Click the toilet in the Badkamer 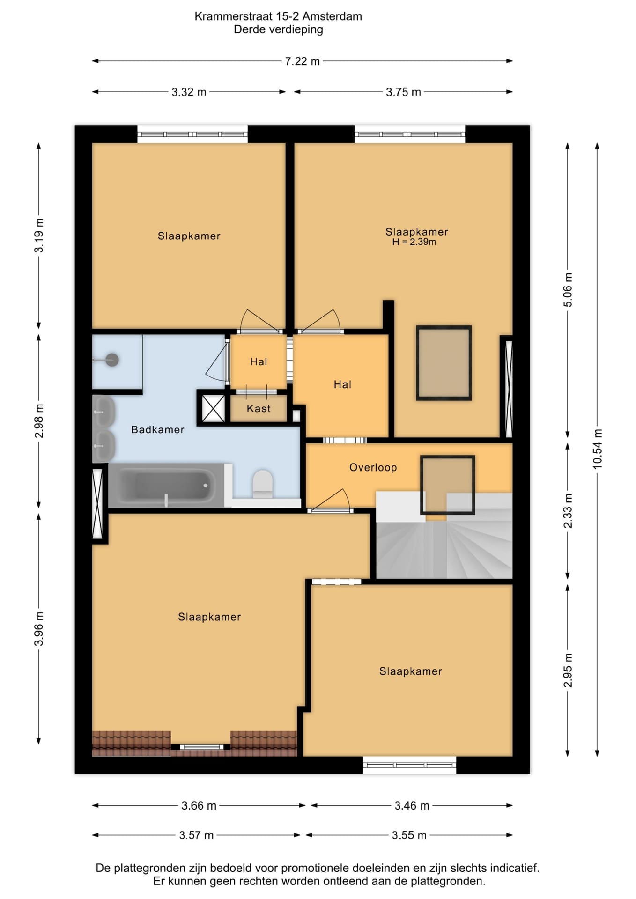pyautogui.click(x=263, y=484)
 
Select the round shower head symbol pyautogui.click(x=112, y=360)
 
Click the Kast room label pyautogui.click(x=259, y=409)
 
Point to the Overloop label pyautogui.click(x=373, y=467)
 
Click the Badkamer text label pyautogui.click(x=158, y=429)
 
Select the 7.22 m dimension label pyautogui.click(x=303, y=61)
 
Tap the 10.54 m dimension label pyautogui.click(x=597, y=449)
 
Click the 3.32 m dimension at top pyautogui.click(x=189, y=92)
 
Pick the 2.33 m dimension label pyautogui.click(x=568, y=511)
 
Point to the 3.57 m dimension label pyautogui.click(x=196, y=835)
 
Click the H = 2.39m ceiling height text pyautogui.click(x=414, y=242)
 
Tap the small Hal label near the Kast pyautogui.click(x=259, y=361)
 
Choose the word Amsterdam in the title pyautogui.click(x=332, y=16)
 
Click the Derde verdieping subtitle pyautogui.click(x=279, y=29)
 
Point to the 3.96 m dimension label pyautogui.click(x=39, y=629)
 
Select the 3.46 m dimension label pyautogui.click(x=412, y=806)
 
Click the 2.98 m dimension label pyautogui.click(x=39, y=421)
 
